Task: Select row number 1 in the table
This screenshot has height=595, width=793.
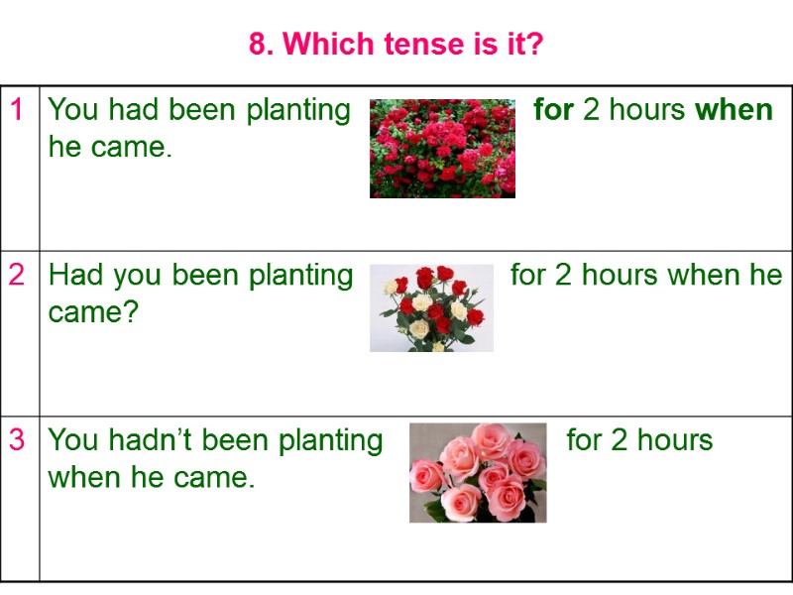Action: [17, 109]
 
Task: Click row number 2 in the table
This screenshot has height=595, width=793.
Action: [17, 275]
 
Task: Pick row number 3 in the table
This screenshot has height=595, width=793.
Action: [17, 440]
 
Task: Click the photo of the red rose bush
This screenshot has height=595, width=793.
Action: [442, 148]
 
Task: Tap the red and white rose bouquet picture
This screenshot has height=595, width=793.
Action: [431, 307]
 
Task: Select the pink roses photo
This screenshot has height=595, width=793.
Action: [478, 473]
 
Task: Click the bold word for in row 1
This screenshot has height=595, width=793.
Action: [553, 109]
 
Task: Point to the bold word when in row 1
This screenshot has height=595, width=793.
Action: [734, 109]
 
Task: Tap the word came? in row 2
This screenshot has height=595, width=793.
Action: [93, 312]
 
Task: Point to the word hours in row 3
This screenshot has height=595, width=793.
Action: [671, 440]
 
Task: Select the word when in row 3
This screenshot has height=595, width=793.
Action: [85, 478]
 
